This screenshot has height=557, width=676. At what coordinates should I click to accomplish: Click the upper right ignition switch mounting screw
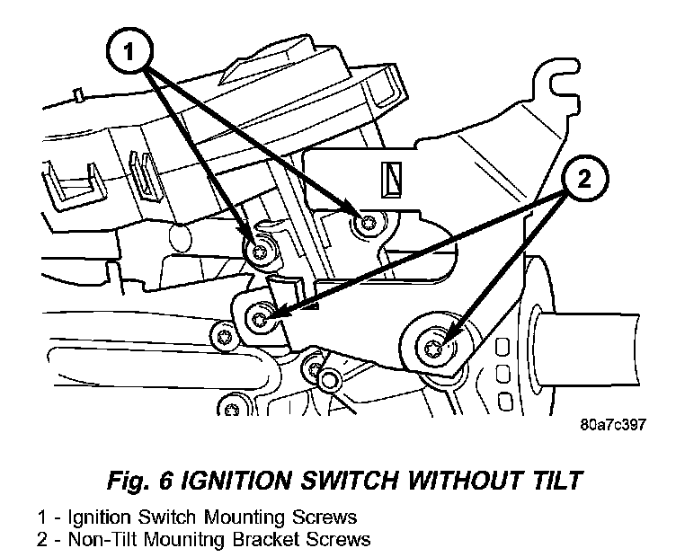point(365,224)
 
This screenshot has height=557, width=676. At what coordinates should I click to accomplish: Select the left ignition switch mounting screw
point(261,252)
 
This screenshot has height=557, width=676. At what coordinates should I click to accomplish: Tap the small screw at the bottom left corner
point(232,411)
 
